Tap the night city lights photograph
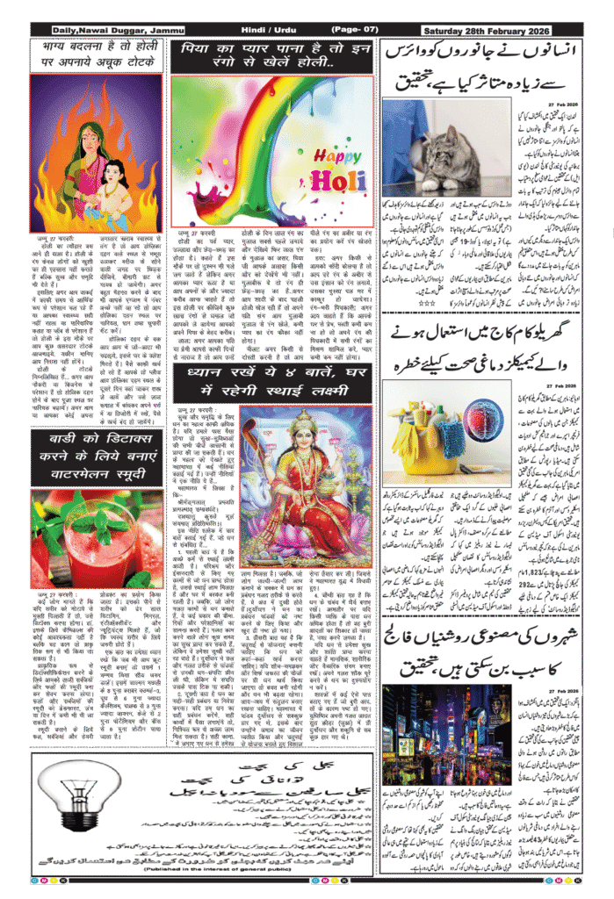(x=445, y=733)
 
